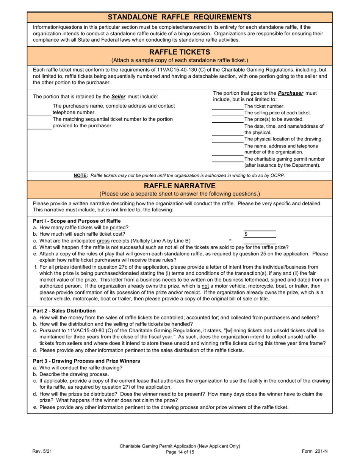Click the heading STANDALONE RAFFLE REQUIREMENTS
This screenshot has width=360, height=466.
180,17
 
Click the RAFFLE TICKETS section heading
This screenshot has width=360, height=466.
180,52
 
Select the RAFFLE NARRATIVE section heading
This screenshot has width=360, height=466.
180,186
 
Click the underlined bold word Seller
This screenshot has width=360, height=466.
118,97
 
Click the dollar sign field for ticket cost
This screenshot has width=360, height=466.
260,234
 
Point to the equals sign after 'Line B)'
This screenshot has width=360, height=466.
230,241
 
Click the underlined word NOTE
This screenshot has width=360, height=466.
80,175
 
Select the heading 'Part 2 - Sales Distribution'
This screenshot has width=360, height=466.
64,311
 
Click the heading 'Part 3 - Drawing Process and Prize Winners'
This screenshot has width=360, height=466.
86,361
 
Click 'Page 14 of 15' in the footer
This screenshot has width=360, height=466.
180,452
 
